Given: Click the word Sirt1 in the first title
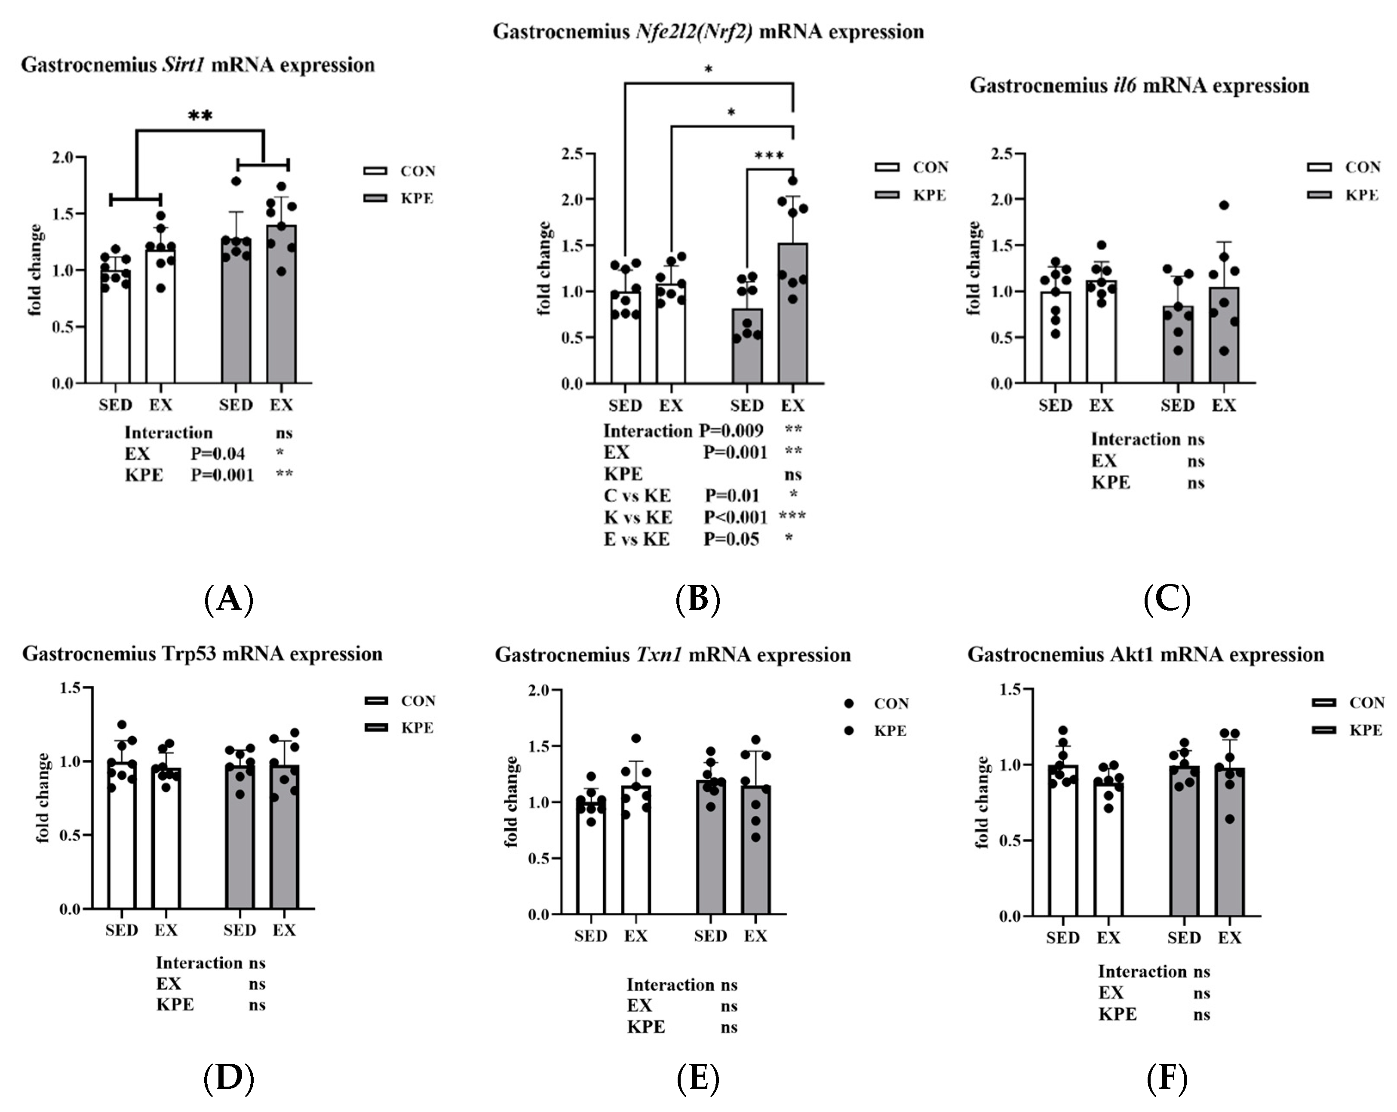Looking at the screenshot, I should tap(183, 65).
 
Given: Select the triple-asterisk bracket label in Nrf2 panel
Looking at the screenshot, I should tap(769, 156).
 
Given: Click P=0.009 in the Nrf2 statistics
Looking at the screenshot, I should tap(731, 431).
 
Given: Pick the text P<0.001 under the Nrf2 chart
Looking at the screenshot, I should tap(735, 517).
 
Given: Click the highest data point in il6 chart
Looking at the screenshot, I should tap(1223, 206).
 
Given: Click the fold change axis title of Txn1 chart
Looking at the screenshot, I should tap(511, 801).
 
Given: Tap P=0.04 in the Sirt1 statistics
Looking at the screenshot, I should tap(217, 454).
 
